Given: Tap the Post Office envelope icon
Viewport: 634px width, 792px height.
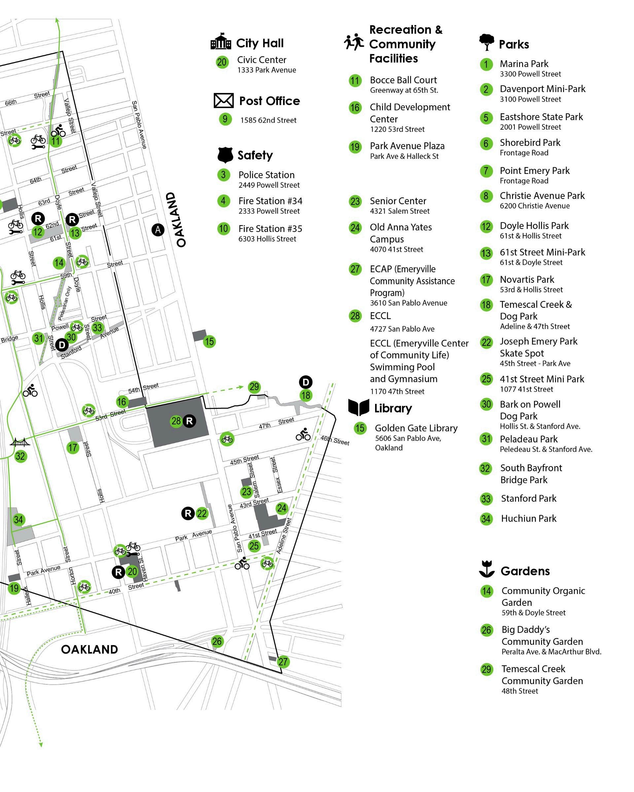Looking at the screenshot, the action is click(224, 100).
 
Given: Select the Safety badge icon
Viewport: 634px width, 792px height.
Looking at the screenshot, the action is click(225, 155).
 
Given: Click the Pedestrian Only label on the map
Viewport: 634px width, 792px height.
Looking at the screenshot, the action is click(65, 303).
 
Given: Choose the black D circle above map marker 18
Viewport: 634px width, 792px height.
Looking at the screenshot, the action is click(305, 382).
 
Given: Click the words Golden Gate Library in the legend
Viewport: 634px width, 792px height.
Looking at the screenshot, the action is click(416, 428).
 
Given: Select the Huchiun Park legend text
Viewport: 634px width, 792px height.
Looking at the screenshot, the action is click(529, 518).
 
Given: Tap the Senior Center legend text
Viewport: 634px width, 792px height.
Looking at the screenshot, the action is click(398, 201).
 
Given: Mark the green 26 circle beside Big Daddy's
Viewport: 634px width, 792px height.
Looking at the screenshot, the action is click(486, 630).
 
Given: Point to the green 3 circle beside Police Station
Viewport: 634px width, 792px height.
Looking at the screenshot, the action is click(224, 175).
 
